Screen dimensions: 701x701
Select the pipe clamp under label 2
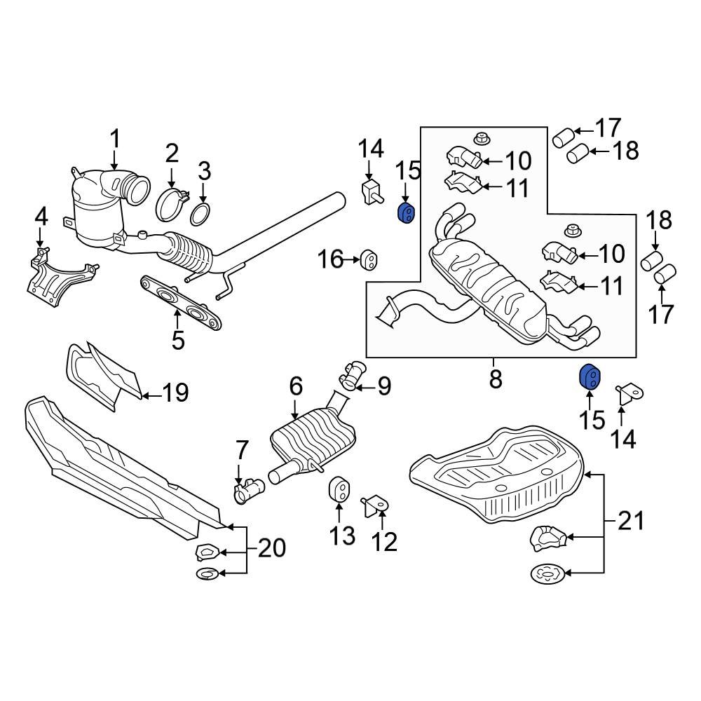click(171, 203)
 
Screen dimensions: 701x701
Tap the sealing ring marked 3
click(200, 214)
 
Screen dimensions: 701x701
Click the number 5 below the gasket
click(177, 341)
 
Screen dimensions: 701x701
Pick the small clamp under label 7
click(247, 491)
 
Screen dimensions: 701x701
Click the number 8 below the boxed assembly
click(495, 379)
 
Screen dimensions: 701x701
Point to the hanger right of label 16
click(368, 261)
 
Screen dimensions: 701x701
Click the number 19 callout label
click(175, 392)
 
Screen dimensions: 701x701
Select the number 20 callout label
click(272, 547)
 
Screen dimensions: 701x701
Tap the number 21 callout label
click(631, 522)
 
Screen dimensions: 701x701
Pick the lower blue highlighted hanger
click(588, 376)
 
